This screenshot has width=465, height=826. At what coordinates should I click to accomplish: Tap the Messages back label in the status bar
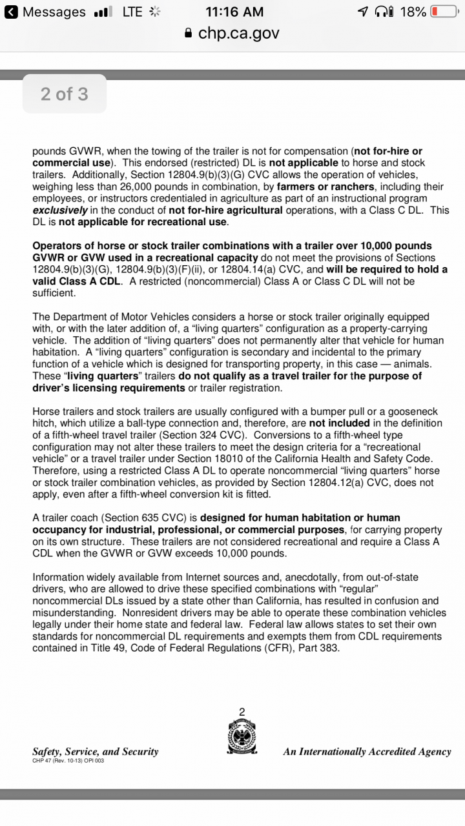[x=54, y=12]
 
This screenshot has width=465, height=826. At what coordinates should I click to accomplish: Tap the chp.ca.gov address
[x=239, y=33]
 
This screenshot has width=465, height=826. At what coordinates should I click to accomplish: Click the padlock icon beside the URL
[x=189, y=33]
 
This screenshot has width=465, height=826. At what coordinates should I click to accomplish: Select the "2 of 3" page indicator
[x=64, y=94]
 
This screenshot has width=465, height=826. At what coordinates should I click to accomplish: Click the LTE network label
[x=132, y=12]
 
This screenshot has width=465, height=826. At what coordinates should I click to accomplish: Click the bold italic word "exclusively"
[x=61, y=210]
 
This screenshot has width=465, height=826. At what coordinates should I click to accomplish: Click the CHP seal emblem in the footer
[x=242, y=736]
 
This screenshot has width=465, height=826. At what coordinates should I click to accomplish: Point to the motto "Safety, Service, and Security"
[x=96, y=751]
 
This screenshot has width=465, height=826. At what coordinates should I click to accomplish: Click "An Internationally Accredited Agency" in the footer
[x=367, y=751]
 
